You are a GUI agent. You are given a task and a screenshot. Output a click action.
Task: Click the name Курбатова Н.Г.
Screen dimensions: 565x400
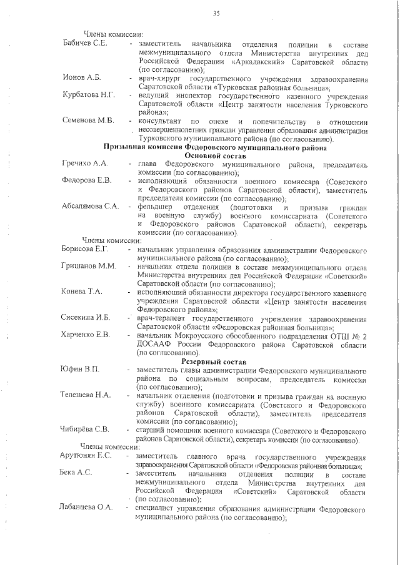click(x=89, y=94)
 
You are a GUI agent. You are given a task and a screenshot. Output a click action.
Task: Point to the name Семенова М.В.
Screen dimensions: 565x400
click(x=88, y=120)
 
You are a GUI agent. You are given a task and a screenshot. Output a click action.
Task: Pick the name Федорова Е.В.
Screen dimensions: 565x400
click(x=87, y=180)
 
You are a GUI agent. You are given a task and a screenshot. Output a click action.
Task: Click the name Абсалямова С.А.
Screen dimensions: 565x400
click(x=91, y=206)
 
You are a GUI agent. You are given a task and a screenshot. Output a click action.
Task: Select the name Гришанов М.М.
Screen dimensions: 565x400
click(x=89, y=266)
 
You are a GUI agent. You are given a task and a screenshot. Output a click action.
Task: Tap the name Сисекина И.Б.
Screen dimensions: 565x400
click(x=86, y=317)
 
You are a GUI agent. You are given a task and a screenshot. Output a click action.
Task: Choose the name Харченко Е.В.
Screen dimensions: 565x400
click(x=86, y=335)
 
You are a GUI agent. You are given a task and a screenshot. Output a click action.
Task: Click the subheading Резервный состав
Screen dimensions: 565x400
click(x=212, y=361)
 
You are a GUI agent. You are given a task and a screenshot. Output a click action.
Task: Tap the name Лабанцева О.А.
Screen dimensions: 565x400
click(x=87, y=507)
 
